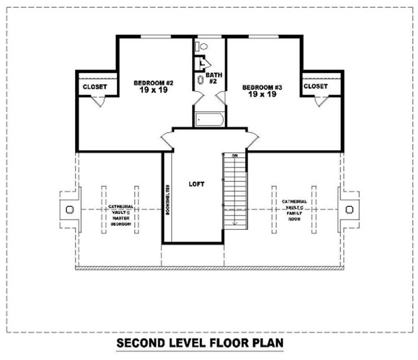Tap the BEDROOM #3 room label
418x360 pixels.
pyautogui.click(x=262, y=87)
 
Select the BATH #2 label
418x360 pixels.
pyautogui.click(x=213, y=78)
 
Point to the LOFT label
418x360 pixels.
pyautogui.click(x=196, y=184)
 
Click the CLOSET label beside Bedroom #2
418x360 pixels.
pyautogui.click(x=95, y=87)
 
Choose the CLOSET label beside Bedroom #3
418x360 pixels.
pyautogui.click(x=316, y=86)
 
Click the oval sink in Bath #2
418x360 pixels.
pyautogui.click(x=201, y=80)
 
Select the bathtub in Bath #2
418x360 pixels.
pyautogui.click(x=210, y=120)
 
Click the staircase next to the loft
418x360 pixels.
pyautogui.click(x=235, y=191)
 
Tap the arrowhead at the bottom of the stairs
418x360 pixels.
pyautogui.click(x=235, y=223)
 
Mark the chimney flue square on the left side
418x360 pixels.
pyautogui.click(x=70, y=210)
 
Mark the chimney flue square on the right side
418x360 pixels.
pyautogui.click(x=350, y=210)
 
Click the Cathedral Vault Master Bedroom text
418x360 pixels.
pyautogui.click(x=120, y=215)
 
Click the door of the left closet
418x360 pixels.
pyautogui.click(x=98, y=102)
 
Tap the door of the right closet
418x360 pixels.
pyautogui.click(x=321, y=102)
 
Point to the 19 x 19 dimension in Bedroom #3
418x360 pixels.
pyautogui.click(x=262, y=95)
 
